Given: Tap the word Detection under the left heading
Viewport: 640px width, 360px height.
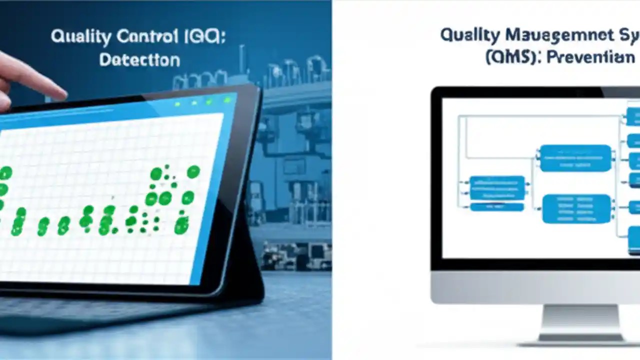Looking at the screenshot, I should (139, 60).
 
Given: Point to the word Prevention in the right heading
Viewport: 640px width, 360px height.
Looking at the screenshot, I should (590, 56).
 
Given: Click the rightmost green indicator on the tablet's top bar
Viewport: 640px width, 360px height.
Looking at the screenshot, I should (227, 100).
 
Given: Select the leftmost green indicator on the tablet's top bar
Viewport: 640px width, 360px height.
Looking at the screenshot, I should (177, 104).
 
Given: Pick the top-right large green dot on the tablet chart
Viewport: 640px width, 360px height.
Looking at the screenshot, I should (193, 172).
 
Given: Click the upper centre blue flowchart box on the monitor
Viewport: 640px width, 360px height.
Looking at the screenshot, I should (575, 158).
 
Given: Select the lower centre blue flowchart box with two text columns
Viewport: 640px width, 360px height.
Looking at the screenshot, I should (576, 208).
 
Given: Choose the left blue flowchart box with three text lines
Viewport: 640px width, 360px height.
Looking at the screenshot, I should (497, 188).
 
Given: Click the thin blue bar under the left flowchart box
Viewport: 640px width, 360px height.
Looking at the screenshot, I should (497, 206).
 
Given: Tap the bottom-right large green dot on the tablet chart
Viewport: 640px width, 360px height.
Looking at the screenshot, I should (181, 226).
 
